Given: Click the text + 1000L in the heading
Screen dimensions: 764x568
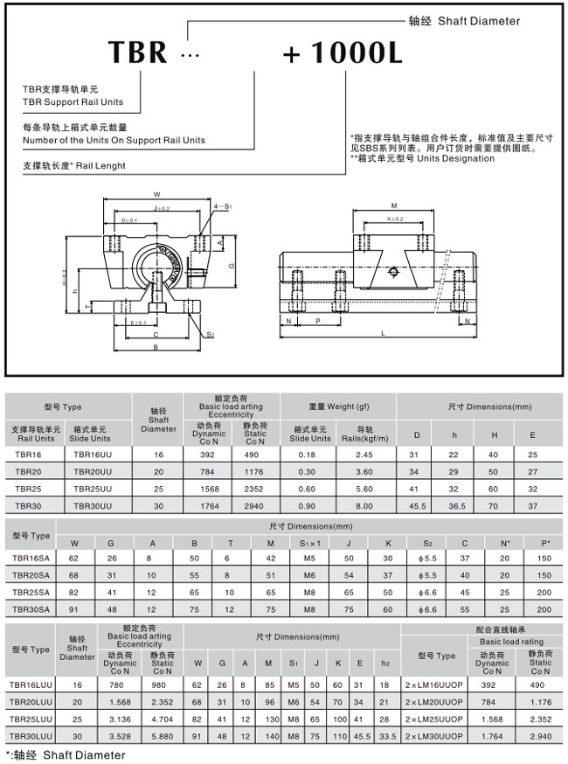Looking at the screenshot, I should point(343,52).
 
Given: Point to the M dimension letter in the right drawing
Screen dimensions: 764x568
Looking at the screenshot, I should point(395,205).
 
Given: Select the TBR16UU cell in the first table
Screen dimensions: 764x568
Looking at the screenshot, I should point(91,455).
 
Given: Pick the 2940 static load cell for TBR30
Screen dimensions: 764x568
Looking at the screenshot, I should point(255,504).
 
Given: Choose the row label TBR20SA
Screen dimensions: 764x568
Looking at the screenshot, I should point(31,574).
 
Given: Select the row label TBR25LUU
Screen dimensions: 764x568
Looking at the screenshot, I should point(31,718).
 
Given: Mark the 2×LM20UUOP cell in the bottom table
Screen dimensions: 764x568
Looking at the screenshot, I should point(434,701).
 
